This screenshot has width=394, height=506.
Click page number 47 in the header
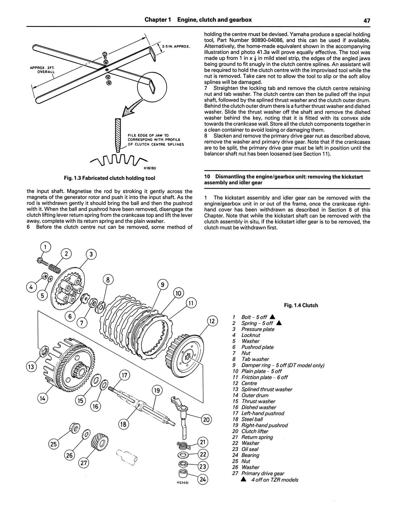(366, 20)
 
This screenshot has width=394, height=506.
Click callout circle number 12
(212, 321)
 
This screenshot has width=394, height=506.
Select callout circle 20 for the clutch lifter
(206, 419)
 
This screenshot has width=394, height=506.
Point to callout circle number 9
(162, 285)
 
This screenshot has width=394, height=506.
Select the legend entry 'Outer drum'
(255, 395)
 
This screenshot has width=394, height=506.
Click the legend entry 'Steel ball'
(252, 419)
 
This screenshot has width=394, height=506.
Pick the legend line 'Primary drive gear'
(262, 473)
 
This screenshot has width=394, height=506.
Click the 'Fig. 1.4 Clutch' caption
(301, 305)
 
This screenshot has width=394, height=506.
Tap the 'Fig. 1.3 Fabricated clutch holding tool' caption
(109, 178)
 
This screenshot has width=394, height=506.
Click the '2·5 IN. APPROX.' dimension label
(176, 47)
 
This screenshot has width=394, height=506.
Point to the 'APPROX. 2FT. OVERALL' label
(43, 70)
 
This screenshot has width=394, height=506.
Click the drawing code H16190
(150, 168)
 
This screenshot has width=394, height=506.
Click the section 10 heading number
(207, 177)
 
